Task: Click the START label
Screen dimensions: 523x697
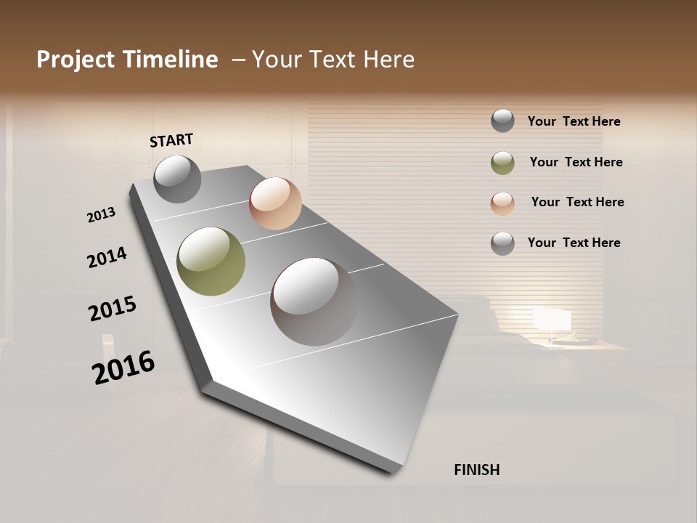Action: [171, 139]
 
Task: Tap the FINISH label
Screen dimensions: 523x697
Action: [476, 470]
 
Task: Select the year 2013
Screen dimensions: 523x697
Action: [101, 215]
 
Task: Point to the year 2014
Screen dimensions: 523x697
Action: [107, 257]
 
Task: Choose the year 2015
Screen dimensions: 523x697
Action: [113, 308]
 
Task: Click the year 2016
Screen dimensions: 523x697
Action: [123, 367]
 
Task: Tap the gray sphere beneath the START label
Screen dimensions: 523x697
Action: [177, 179]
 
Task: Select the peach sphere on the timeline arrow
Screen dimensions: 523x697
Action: [275, 203]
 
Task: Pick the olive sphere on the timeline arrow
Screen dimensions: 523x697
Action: [211, 261]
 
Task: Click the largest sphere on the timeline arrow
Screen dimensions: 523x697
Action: [314, 301]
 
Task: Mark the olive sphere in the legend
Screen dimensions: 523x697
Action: [502, 163]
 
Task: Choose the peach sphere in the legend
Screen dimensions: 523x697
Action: [502, 203]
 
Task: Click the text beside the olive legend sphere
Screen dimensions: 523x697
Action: [576, 162]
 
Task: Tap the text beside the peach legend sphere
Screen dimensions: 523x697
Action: [577, 202]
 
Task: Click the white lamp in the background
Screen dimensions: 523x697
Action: [553, 320]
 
